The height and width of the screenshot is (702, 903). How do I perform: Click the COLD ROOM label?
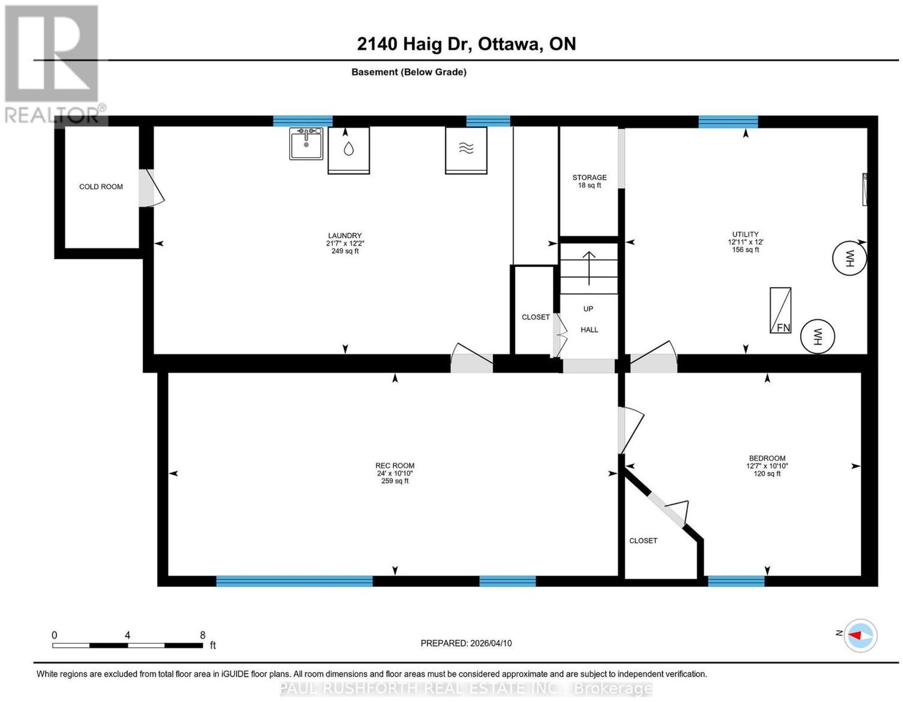coord(101,186)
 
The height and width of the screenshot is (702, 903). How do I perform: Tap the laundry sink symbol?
coord(306,143)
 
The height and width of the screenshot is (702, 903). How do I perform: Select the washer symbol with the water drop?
coord(349,150)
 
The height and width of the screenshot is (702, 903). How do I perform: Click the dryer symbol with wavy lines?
coord(466,150)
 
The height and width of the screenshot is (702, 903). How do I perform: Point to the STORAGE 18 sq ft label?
coord(589,181)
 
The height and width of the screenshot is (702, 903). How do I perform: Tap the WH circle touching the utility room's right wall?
coord(849,259)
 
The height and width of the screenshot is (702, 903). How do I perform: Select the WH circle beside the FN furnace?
coord(817,337)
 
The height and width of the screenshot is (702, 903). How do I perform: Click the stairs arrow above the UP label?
coord(589,268)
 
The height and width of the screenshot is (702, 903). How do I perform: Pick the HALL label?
coord(589,330)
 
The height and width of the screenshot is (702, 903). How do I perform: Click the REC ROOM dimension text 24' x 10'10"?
coord(394,473)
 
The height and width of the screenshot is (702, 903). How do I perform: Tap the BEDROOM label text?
coord(767,459)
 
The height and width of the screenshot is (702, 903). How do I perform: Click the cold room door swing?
coord(152,188)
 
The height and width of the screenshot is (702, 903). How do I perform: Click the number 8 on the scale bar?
coord(203,635)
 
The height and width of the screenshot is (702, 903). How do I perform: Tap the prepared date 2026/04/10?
coord(491,643)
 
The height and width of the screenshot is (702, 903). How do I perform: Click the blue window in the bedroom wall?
coord(736,581)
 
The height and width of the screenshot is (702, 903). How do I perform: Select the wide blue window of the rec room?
coord(294,581)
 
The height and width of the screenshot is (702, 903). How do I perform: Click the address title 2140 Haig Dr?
coord(414,44)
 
